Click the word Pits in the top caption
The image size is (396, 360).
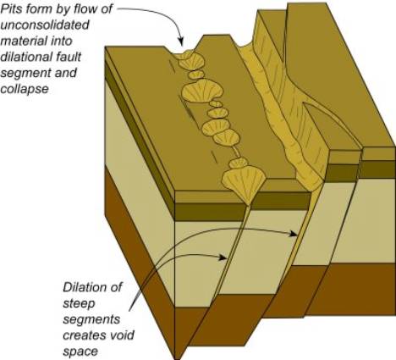pyautogui.click(x=11, y=9)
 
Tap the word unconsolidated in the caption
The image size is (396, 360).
pyautogui.click(x=45, y=25)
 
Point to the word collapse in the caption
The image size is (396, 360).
pyautogui.click(x=25, y=89)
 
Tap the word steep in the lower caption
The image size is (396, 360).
pyautogui.click(x=80, y=304)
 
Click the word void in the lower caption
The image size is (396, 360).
pyautogui.click(x=122, y=335)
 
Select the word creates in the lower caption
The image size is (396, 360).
pyautogui.click(x=85, y=336)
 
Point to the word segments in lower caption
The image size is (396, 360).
pyautogui.click(x=91, y=320)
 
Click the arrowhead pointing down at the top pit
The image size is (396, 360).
pyautogui.click(x=180, y=42)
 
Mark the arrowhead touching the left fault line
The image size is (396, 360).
pyautogui.click(x=223, y=258)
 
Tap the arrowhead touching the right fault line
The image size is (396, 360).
pyautogui.click(x=293, y=234)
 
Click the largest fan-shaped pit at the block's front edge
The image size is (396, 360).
pyautogui.click(x=244, y=185)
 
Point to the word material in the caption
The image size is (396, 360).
pyautogui.click(x=36, y=42)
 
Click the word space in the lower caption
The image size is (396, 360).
pyautogui.click(x=80, y=352)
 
